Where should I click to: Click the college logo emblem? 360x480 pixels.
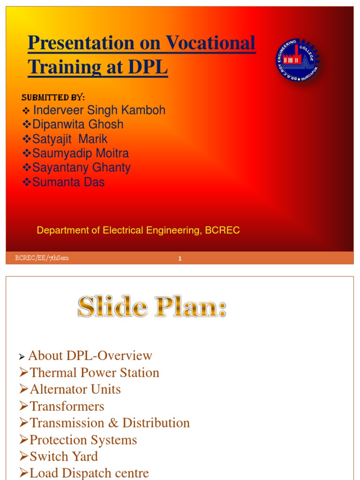click(297, 61)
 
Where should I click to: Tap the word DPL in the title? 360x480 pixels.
click(146, 67)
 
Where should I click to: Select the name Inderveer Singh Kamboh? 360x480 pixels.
click(99, 110)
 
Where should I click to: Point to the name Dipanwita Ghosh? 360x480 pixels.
click(78, 124)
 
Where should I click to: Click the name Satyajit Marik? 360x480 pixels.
click(70, 139)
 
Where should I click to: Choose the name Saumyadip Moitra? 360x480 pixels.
click(80, 153)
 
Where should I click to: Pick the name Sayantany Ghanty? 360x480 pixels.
click(81, 168)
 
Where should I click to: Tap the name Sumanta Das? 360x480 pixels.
click(68, 182)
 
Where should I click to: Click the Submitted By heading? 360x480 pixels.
click(53, 97)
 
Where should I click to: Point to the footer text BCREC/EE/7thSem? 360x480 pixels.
click(42, 258)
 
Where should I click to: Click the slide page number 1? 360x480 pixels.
click(180, 258)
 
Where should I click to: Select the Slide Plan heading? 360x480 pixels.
click(152, 308)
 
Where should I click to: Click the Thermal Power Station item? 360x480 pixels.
click(94, 373)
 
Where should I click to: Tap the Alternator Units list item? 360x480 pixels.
click(75, 390)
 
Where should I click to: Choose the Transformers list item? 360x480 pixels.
click(67, 406)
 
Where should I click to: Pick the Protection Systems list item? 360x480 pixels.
click(83, 440)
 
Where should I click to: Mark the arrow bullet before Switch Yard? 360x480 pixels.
click(24, 457)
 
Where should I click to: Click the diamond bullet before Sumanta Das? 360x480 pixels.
click(27, 182)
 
